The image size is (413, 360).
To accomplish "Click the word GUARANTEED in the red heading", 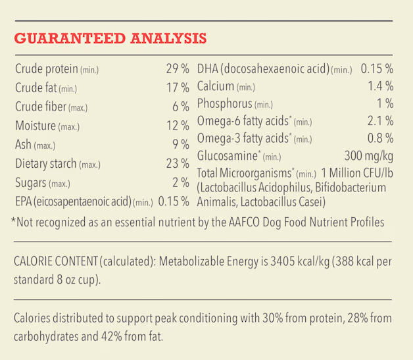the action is click(x=70, y=38).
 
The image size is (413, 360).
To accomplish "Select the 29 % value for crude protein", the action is click(x=178, y=69).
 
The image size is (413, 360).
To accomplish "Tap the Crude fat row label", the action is click(x=36, y=88).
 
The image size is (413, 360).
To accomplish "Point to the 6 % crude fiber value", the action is click(x=181, y=107).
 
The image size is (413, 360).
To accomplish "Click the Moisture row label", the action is click(x=36, y=126).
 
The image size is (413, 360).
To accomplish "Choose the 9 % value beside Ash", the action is click(x=181, y=144).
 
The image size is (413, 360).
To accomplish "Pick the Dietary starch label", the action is click(x=46, y=164).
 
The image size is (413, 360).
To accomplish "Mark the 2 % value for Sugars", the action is click(x=181, y=182).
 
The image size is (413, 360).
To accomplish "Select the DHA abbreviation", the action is click(x=208, y=69).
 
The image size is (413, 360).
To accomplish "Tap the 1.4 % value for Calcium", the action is click(x=381, y=86).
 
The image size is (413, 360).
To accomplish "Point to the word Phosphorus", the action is click(x=225, y=103).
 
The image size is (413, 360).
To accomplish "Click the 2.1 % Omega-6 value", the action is click(x=381, y=121).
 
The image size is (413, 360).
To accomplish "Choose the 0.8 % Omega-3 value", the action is click(x=381, y=138).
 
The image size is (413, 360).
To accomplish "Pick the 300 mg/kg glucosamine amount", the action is click(x=369, y=156).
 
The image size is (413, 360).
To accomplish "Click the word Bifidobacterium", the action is click(x=351, y=188).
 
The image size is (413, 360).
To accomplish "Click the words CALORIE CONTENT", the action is click(x=56, y=261).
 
